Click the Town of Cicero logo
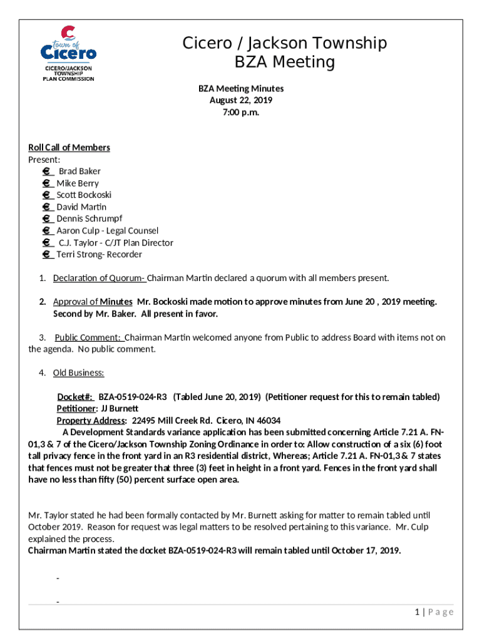[x=69, y=53]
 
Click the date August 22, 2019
[x=241, y=100]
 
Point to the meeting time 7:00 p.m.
[x=241, y=112]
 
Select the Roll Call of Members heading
[x=69, y=147]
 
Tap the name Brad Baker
[x=79, y=171]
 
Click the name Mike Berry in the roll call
[x=78, y=183]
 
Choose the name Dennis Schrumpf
[x=90, y=218]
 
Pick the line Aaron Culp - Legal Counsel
[x=108, y=230]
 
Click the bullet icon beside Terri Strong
[x=47, y=254]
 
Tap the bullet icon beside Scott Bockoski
[x=47, y=195]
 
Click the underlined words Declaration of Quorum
[x=99, y=278]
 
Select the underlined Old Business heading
[x=78, y=373]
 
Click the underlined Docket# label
[x=75, y=397]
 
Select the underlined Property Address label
[x=91, y=421]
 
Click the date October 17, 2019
[x=365, y=551]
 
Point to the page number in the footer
[x=416, y=612]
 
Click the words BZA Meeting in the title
[x=285, y=63]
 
